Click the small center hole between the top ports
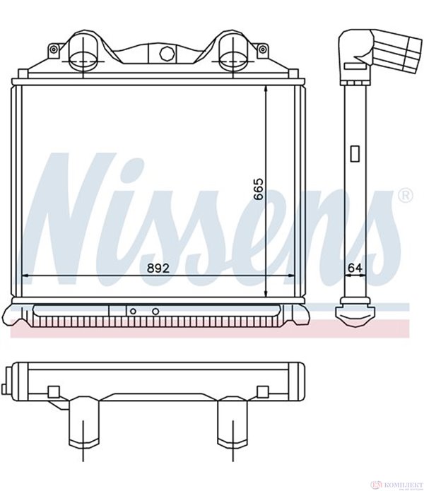coord(167,52)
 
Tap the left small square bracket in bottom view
coord(53,391)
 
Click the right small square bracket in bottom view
coord(262,391)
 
